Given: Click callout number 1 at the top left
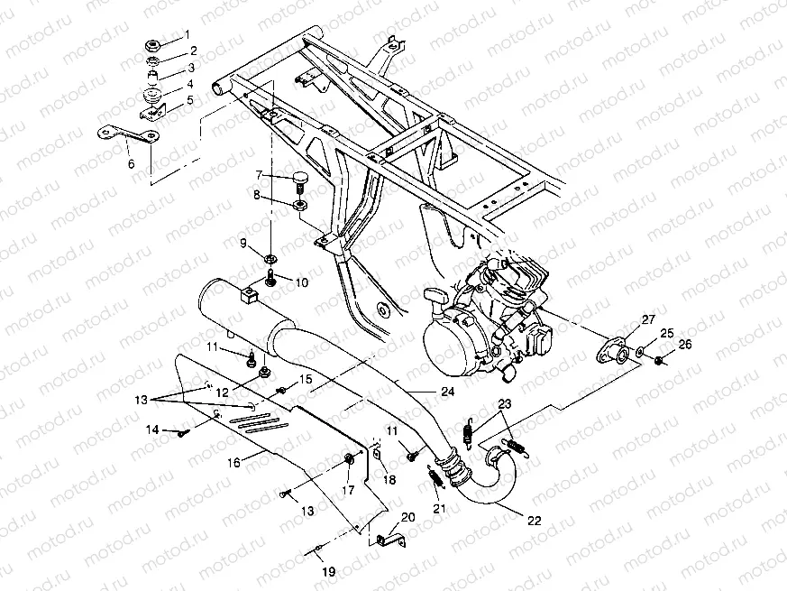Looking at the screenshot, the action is (x=188, y=34).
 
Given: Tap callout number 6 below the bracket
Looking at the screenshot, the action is (x=132, y=164).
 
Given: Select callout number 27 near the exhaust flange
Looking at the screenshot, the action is (x=648, y=319).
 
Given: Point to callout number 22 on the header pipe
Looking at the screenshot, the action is (x=535, y=521).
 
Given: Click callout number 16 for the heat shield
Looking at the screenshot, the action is (x=233, y=462).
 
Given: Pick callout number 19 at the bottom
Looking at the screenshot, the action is (x=329, y=572).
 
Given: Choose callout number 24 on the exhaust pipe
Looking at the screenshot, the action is (x=447, y=391).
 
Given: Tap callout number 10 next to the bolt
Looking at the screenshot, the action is (x=301, y=283).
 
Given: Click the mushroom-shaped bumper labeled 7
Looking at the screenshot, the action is (x=299, y=181).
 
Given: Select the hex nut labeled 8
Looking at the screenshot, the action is (x=298, y=206).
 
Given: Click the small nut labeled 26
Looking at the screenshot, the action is (x=660, y=359).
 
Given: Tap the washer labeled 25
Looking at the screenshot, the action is (x=640, y=351).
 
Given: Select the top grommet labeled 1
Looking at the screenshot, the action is (x=152, y=46).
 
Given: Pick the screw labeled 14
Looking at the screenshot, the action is (x=182, y=432).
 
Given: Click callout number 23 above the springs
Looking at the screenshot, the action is (x=505, y=403).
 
